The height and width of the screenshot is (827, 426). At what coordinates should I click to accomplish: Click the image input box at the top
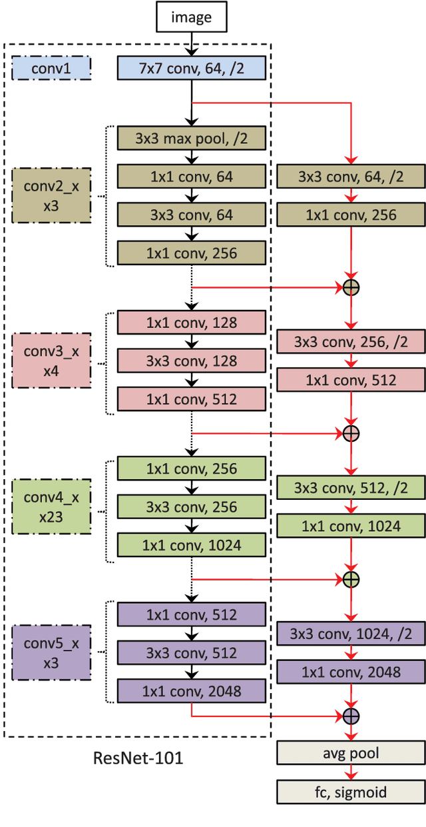[x=191, y=17]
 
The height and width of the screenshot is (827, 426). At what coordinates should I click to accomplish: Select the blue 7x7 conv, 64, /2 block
[x=192, y=67]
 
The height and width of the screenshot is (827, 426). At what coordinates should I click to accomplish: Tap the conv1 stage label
[x=51, y=67]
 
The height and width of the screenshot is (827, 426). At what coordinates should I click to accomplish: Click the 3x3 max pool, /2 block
[x=192, y=139]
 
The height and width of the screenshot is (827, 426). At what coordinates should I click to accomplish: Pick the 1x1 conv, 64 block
[x=192, y=177]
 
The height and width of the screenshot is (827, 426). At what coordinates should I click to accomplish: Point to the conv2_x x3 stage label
[x=51, y=196]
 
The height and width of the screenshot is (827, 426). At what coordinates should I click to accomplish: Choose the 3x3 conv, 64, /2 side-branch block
[x=351, y=177]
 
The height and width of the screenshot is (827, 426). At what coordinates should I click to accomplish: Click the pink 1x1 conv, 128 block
[x=192, y=323]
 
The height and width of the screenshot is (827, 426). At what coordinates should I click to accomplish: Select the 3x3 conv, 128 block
[x=192, y=361]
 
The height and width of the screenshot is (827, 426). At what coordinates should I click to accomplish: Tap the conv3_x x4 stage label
[x=51, y=361]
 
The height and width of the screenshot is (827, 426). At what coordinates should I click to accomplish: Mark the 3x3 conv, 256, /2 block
[x=351, y=342]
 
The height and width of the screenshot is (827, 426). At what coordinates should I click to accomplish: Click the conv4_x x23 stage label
[x=51, y=506]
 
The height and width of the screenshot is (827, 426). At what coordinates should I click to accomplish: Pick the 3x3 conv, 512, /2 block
[x=351, y=488]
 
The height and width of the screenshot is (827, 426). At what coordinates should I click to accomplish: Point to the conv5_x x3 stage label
[x=51, y=653]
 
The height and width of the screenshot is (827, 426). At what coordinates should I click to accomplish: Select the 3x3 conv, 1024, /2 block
[x=351, y=633]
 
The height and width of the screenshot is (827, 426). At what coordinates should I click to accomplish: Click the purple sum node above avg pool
[x=351, y=716]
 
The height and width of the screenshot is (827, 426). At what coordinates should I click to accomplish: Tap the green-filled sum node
[x=351, y=578]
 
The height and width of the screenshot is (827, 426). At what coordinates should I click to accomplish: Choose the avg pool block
[x=351, y=754]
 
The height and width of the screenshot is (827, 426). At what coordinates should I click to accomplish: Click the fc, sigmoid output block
[x=351, y=792]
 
